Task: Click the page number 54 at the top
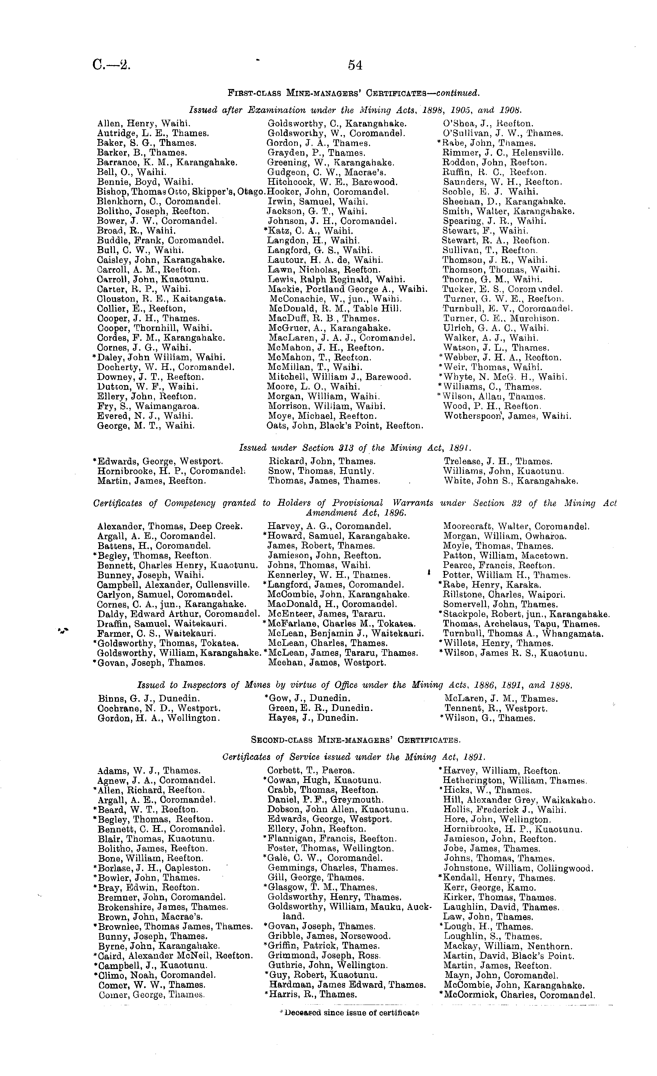355,65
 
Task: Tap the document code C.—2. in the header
112,65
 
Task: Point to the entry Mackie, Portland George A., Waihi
347,289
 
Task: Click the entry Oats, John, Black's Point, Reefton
345,425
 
